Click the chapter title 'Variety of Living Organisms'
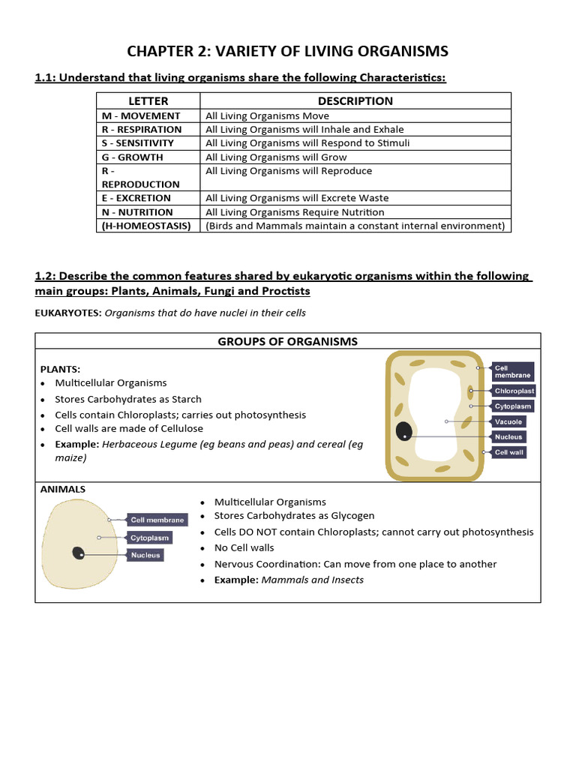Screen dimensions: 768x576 pyautogui.click(x=288, y=51)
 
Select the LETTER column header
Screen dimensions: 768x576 pyautogui.click(x=148, y=100)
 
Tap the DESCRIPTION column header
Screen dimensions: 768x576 pyautogui.click(x=355, y=100)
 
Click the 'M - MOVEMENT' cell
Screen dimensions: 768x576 pyautogui.click(x=141, y=115)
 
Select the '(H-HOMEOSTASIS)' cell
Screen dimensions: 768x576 pyautogui.click(x=146, y=225)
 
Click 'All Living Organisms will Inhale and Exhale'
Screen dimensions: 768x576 pyautogui.click(x=304, y=129)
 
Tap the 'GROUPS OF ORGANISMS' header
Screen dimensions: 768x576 pyautogui.click(x=287, y=341)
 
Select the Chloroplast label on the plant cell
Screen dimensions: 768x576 pyautogui.click(x=514, y=391)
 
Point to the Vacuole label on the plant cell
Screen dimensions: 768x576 pyautogui.click(x=508, y=421)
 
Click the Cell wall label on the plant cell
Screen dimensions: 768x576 pyautogui.click(x=509, y=452)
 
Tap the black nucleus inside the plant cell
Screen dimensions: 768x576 pyautogui.click(x=404, y=431)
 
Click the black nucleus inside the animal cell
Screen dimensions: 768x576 pyautogui.click(x=78, y=553)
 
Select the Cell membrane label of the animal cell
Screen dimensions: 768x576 pyautogui.click(x=157, y=519)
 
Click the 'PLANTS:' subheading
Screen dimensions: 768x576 pyautogui.click(x=60, y=369)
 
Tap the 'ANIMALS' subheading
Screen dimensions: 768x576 pyautogui.click(x=63, y=489)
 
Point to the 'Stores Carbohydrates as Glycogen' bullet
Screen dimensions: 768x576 pyautogui.click(x=294, y=516)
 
